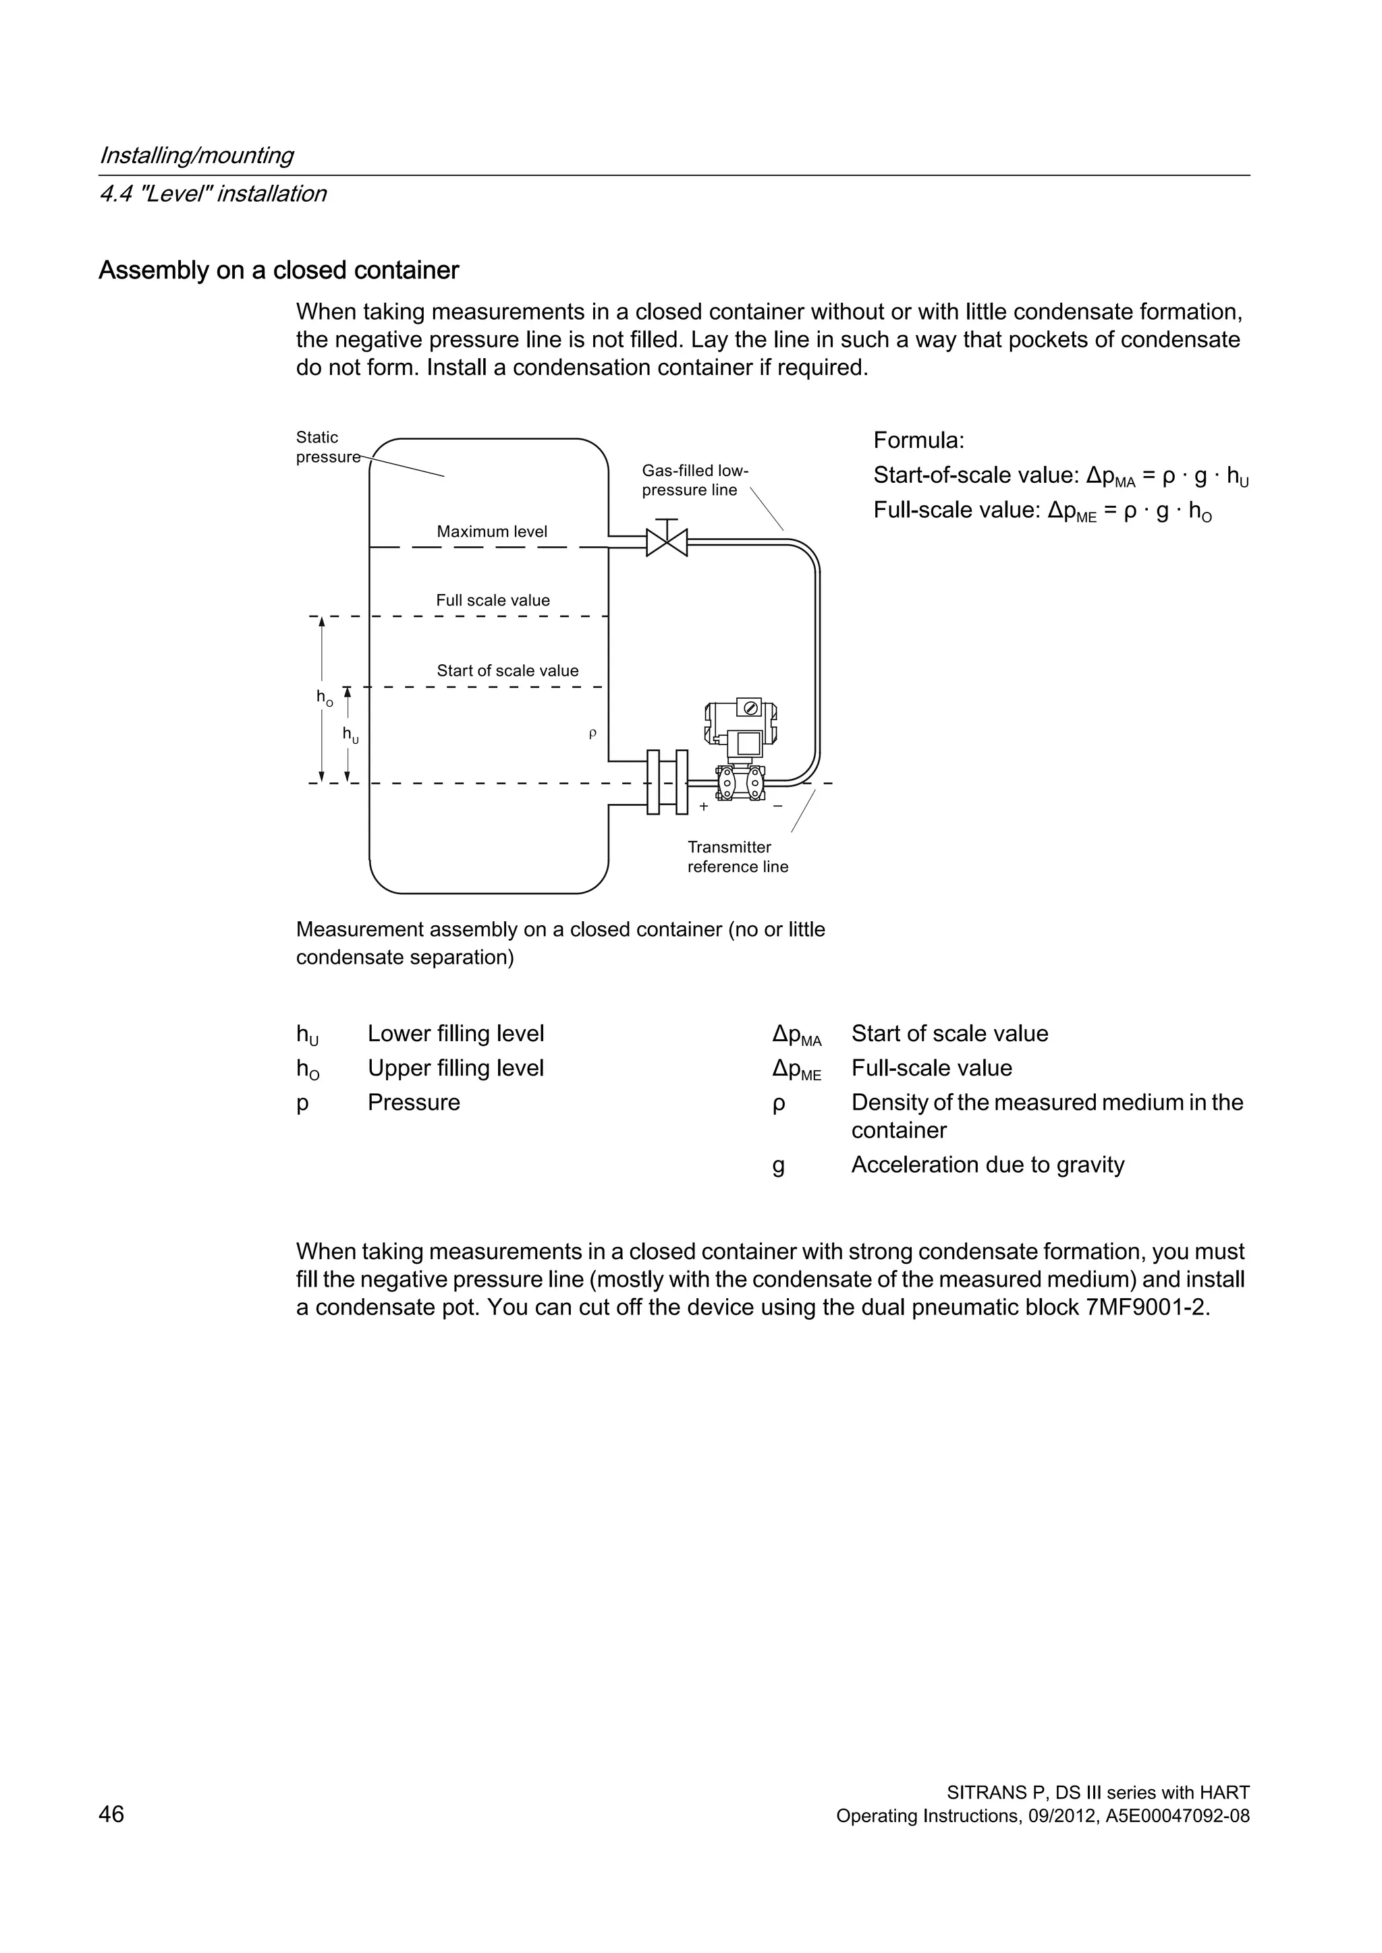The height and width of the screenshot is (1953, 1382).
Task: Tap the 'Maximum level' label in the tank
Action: (492, 531)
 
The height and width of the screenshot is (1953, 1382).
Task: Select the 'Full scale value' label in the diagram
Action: (493, 600)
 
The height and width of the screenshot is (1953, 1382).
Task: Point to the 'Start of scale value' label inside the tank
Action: (507, 670)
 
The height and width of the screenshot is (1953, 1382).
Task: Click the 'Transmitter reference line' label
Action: (737, 856)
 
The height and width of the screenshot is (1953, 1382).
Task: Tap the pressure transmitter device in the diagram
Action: (739, 749)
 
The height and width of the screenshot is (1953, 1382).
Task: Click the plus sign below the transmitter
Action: (704, 807)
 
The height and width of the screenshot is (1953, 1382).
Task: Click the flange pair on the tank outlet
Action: (667, 782)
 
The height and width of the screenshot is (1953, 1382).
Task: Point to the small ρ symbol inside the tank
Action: (592, 733)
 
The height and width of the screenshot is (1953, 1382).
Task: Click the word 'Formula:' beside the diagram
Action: (918, 440)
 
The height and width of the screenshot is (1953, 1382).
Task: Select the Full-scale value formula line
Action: (1043, 511)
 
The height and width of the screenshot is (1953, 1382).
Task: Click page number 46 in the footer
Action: (111, 1814)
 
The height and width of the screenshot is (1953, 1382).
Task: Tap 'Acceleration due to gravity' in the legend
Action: (987, 1165)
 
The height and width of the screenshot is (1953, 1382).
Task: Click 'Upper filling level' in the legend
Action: (455, 1068)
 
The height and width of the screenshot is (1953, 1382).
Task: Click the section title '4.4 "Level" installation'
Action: (213, 194)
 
